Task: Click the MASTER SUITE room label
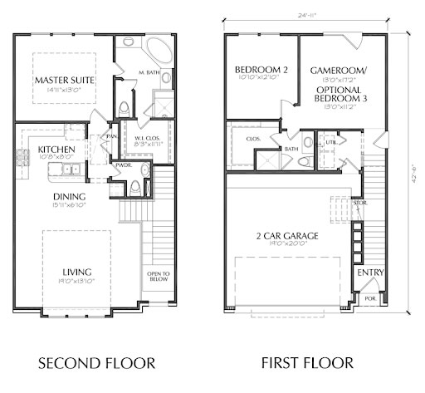click(x=64, y=80)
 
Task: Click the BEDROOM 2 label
click(x=261, y=70)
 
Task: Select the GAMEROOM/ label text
click(x=338, y=71)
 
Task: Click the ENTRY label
click(x=369, y=273)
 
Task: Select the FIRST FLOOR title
click(x=306, y=363)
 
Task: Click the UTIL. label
click(x=330, y=142)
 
